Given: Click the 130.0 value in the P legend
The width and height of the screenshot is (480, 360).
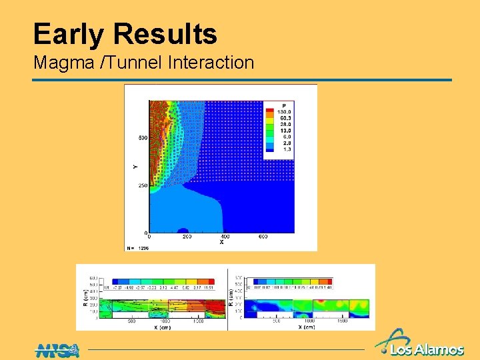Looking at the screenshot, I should [285, 111].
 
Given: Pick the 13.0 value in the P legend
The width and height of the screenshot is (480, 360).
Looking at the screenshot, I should [285, 130].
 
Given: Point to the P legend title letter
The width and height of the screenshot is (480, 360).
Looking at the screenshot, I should [284, 105].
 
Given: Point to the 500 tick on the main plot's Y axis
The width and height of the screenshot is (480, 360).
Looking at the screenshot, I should [143, 138].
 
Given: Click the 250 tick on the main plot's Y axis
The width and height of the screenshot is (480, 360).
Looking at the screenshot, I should [143, 185].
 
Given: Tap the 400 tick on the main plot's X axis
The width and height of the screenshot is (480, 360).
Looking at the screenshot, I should [225, 237].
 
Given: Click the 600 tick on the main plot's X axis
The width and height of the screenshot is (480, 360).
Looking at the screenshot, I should [263, 237].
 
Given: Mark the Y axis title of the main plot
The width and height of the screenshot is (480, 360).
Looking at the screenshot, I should [135, 166].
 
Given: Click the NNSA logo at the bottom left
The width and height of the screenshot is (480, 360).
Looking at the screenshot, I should [58, 349].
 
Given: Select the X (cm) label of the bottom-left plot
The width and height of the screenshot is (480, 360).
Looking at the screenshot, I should [163, 327].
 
